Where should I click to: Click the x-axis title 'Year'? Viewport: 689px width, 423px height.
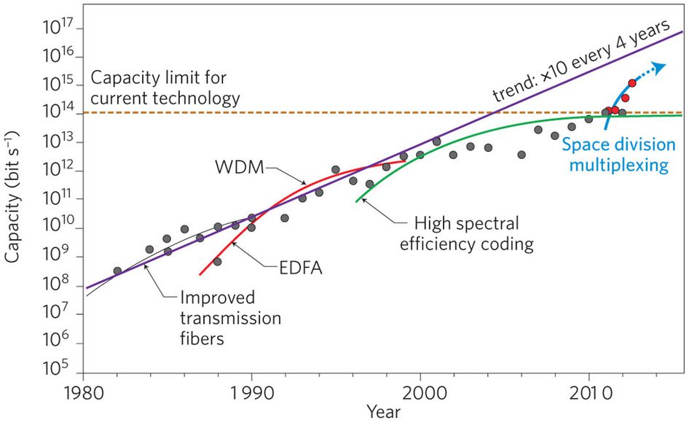383,413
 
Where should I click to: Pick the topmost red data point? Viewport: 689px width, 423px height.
631,83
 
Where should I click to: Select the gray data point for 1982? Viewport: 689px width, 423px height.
117,271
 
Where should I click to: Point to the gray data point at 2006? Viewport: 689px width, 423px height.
521,155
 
